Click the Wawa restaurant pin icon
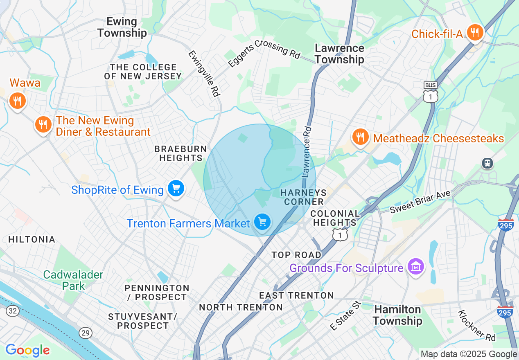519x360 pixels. tap(17, 100)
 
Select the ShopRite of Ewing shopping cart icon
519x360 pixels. tap(176, 189)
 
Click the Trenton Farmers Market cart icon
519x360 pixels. tap(262, 222)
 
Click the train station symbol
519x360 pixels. tap(487, 163)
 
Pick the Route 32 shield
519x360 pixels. tap(12, 311)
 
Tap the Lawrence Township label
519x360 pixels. tap(339, 54)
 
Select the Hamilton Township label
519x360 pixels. tap(397, 315)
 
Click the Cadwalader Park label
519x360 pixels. tap(73, 280)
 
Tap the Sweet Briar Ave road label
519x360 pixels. tap(420, 202)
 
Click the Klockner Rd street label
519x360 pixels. tap(477, 326)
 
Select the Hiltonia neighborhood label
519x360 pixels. tap(32, 239)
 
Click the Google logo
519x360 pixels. tap(27, 350)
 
